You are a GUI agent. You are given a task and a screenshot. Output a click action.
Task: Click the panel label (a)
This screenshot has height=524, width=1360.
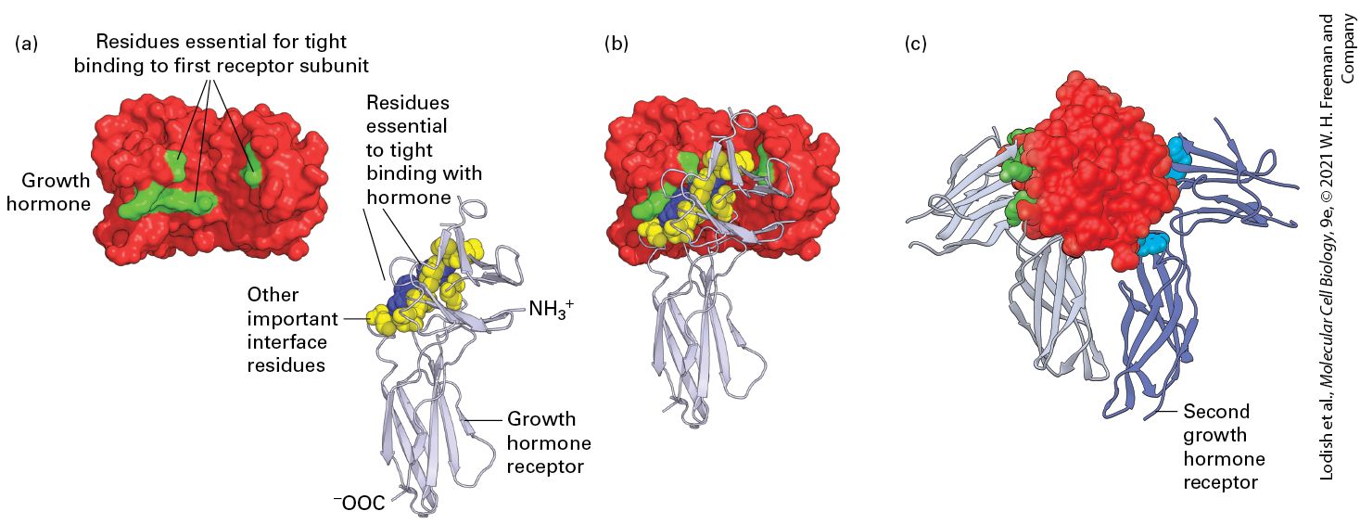click(x=27, y=44)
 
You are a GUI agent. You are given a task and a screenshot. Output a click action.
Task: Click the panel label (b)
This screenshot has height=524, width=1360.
click(x=616, y=44)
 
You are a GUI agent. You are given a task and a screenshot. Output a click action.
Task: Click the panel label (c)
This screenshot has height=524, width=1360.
click(x=916, y=44)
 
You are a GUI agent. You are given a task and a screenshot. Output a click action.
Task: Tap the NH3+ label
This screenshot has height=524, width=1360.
click(x=551, y=309)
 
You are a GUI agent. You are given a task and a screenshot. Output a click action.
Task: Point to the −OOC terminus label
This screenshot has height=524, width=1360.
click(x=359, y=503)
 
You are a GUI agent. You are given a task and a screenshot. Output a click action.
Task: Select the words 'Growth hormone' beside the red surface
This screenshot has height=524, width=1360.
click(x=48, y=192)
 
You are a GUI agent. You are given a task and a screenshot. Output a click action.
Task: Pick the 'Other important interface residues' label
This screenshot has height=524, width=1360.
click(x=293, y=329)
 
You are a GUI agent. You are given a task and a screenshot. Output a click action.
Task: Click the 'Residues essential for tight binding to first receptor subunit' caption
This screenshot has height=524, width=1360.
click(x=221, y=53)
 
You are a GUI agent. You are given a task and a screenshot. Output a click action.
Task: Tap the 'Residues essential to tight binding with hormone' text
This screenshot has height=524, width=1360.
click(x=424, y=149)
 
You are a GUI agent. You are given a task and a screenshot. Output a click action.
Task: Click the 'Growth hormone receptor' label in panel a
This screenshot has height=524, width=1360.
click(x=549, y=442)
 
